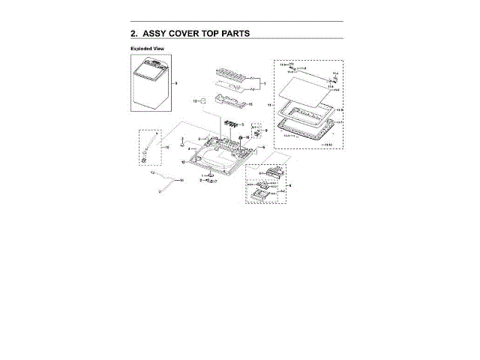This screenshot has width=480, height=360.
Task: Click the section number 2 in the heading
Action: pos(133,34)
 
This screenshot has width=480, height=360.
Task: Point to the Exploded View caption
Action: pos(147,49)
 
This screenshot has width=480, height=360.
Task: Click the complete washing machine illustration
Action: pos(151,83)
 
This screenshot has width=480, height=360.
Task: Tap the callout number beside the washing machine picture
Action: pos(175,83)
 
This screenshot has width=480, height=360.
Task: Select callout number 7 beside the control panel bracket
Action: pos(264,83)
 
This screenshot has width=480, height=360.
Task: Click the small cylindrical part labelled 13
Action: pos(201,101)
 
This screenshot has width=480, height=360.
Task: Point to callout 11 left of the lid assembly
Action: pos(270,106)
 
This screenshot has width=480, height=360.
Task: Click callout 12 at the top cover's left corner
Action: pos(182,162)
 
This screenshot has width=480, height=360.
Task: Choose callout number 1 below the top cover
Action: pos(201,175)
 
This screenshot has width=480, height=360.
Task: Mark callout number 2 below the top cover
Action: pos(201,181)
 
